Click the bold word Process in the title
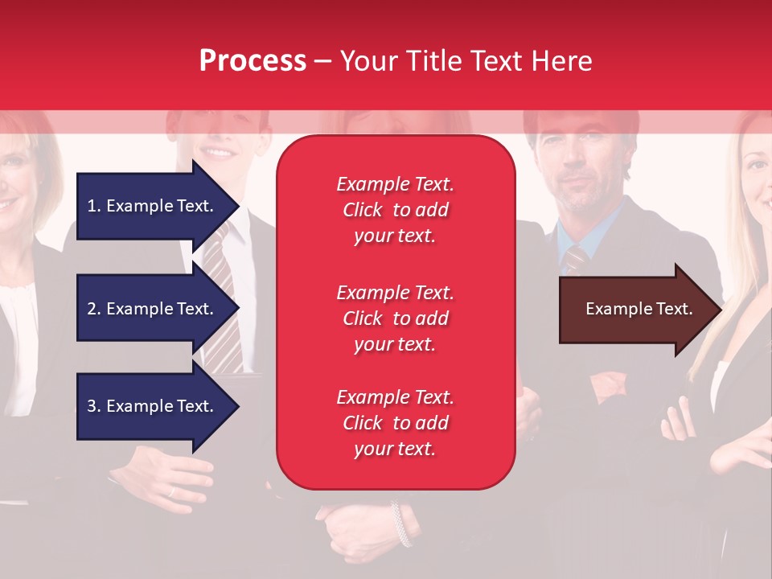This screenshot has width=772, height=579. pos(253,61)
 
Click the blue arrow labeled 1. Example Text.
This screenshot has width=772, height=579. pos(158,206)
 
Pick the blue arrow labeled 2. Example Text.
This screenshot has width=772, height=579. pos(158,308)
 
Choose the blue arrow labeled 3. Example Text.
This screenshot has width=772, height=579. pos(158,405)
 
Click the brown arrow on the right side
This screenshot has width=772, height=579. pos(641,309)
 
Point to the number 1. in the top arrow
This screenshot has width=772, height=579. pos(94,206)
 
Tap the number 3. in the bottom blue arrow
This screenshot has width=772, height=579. pos(94,405)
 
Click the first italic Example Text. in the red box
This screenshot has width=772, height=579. pos(396,184)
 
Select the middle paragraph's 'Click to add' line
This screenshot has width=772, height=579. pos(396,318)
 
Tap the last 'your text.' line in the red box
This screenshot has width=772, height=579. pos(395,449)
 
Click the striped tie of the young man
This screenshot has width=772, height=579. pos(223,300)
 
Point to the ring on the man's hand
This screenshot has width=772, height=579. pos(171,491)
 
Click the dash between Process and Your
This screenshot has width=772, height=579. pos(322,63)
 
